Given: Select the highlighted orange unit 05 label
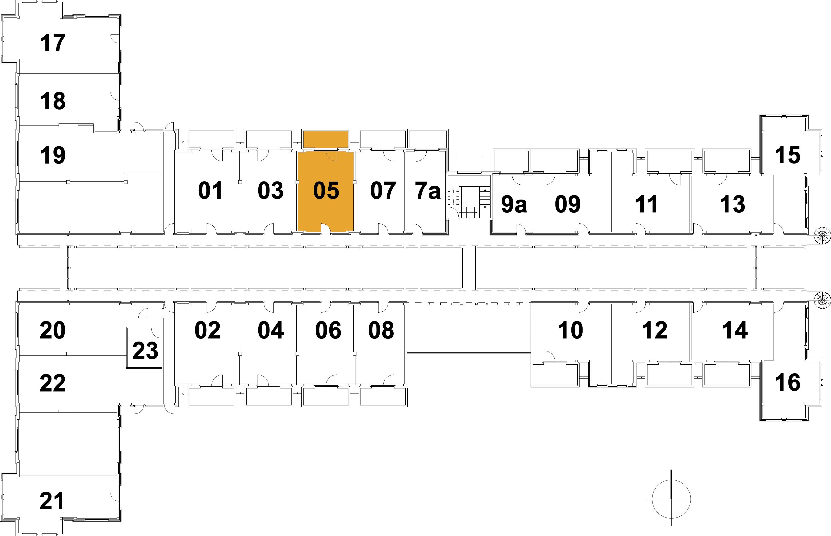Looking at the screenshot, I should click(x=326, y=191).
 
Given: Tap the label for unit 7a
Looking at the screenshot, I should click(x=428, y=191).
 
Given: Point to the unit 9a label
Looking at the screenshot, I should click(x=514, y=204).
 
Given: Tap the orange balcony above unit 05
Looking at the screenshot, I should click(x=326, y=139).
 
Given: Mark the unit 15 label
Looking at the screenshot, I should click(x=787, y=155).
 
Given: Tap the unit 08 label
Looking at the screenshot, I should click(x=381, y=330).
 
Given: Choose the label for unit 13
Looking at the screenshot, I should click(x=733, y=204).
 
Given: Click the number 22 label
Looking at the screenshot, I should click(x=52, y=383).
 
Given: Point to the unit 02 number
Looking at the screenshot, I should click(x=207, y=330).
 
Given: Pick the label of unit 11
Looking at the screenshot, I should click(x=646, y=204).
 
